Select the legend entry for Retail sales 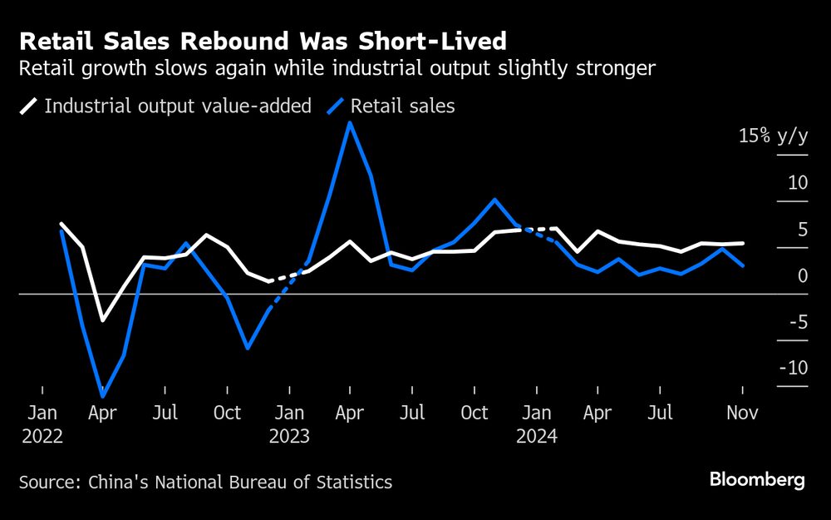(402, 106)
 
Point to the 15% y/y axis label (772, 136)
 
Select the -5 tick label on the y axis (795, 321)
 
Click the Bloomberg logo (757, 480)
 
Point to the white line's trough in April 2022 (103, 319)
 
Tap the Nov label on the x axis (741, 413)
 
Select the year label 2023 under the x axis (289, 435)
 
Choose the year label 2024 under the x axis (537, 435)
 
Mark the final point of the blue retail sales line (742, 265)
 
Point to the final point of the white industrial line (742, 243)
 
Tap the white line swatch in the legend (29, 106)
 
